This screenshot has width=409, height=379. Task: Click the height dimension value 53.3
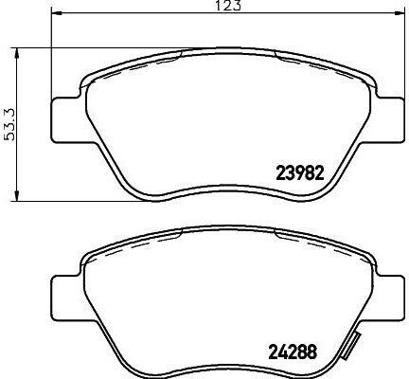click(9, 124)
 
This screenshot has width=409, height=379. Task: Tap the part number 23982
click(300, 173)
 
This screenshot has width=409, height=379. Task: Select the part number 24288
click(293, 352)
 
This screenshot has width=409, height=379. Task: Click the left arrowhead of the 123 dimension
click(57, 13)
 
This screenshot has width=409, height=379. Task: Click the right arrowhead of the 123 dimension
click(399, 13)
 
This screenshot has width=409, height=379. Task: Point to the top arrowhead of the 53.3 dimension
click(18, 54)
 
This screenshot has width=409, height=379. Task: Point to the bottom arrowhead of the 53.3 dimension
click(18, 195)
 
